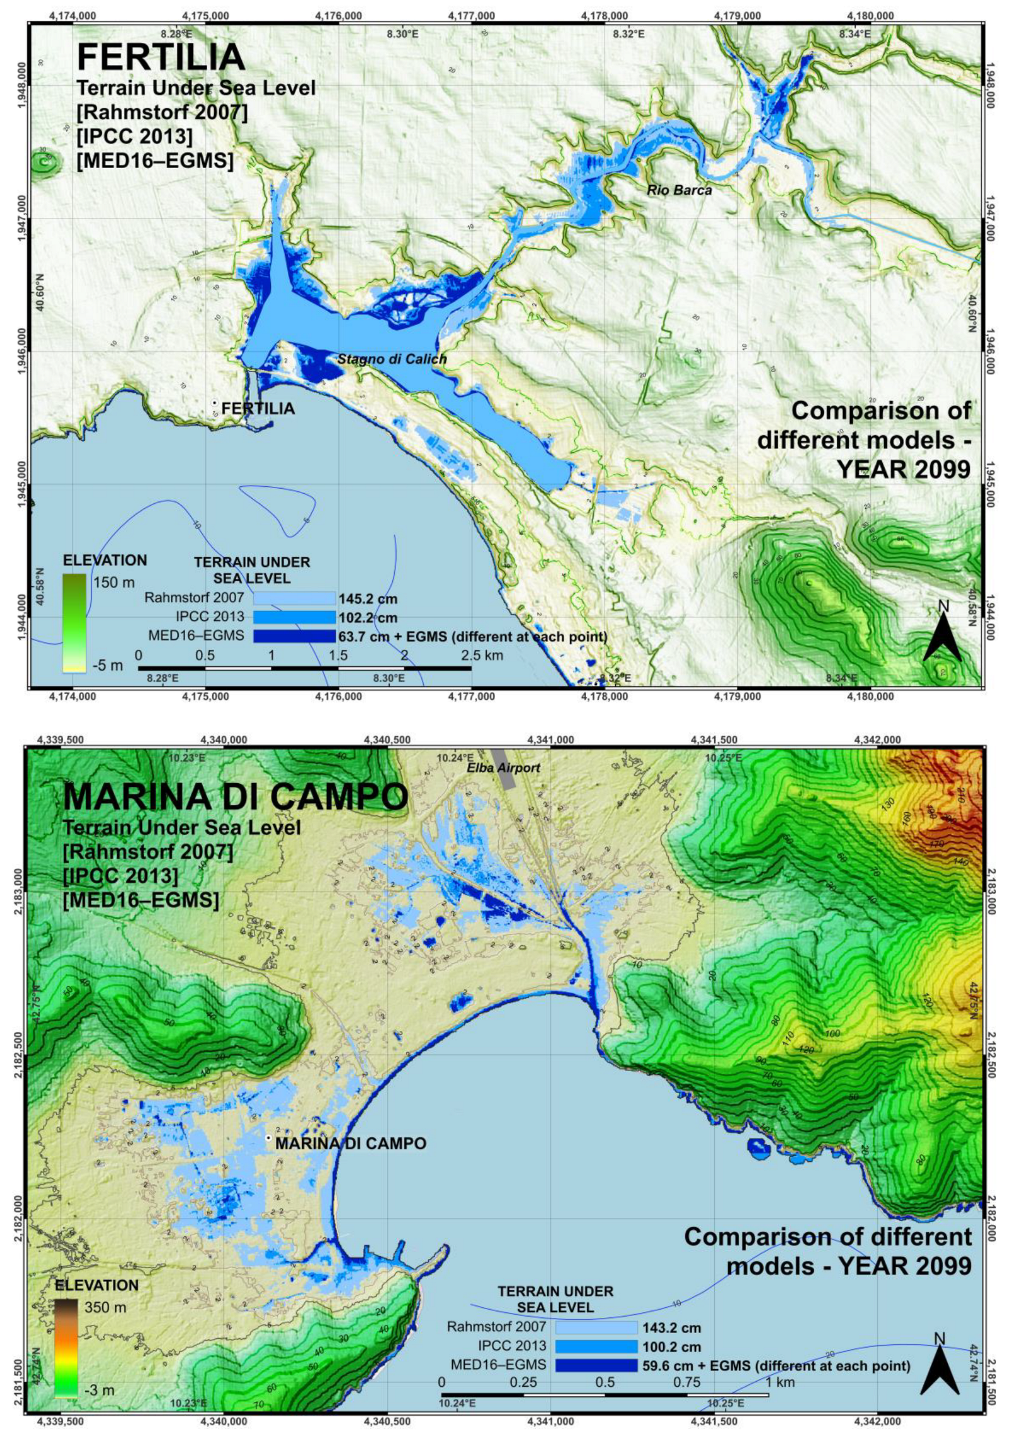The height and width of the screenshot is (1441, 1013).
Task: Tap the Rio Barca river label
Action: coord(679,190)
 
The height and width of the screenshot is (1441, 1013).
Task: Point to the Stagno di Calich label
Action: coord(392,359)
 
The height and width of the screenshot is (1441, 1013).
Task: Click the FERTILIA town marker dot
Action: coord(215,402)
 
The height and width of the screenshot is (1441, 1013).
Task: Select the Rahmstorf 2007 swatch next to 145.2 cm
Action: coord(294,598)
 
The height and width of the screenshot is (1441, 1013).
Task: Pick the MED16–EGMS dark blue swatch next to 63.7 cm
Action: coord(294,636)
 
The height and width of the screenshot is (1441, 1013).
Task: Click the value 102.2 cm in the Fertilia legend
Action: coord(368,618)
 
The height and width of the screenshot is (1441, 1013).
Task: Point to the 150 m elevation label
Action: coord(114,582)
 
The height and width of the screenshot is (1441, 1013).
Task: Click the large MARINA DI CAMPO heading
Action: coord(236,797)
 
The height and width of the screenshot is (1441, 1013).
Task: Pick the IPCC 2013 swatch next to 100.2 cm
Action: coord(596,1346)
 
